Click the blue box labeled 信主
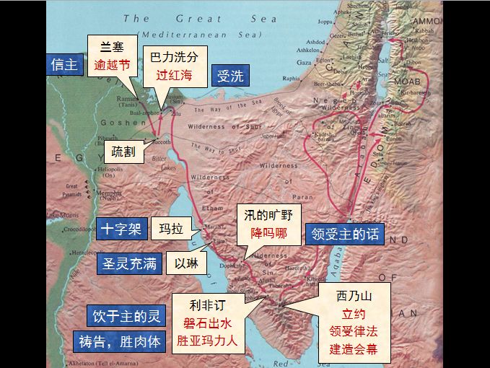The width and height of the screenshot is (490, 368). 64,64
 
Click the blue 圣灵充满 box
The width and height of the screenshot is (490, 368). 129,263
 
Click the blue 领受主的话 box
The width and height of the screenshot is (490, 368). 345,233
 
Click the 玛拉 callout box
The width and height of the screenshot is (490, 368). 172,229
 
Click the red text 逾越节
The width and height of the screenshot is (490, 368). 113,64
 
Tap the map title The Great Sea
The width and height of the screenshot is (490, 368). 200,19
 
